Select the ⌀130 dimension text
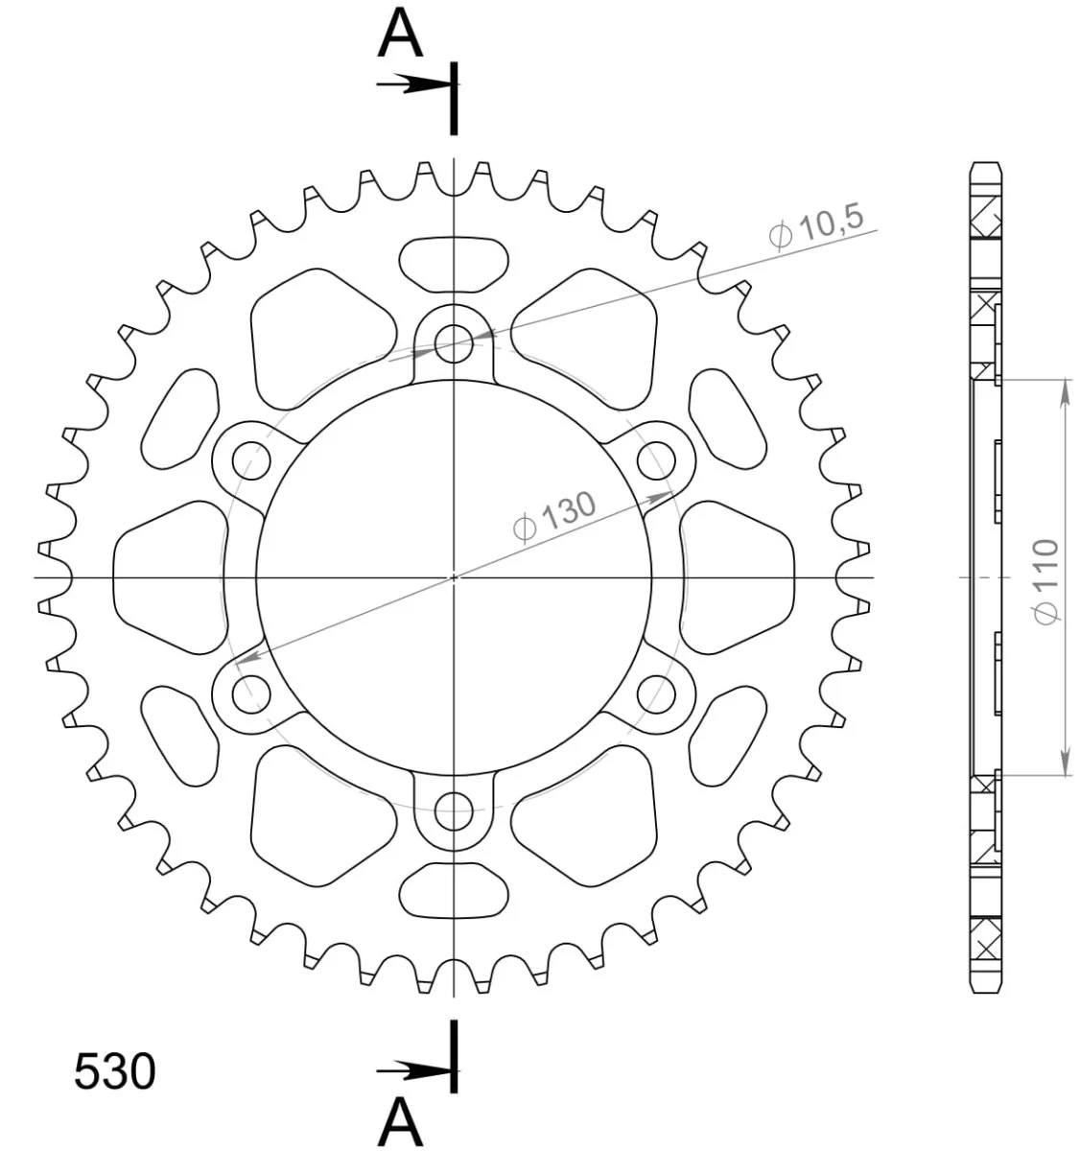coord(554,517)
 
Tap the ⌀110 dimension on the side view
coord(1047,581)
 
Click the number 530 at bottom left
coord(115,1070)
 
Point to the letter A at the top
coord(400,35)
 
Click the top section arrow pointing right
coord(414,84)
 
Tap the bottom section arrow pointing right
coord(414,1070)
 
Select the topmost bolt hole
coord(454,344)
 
